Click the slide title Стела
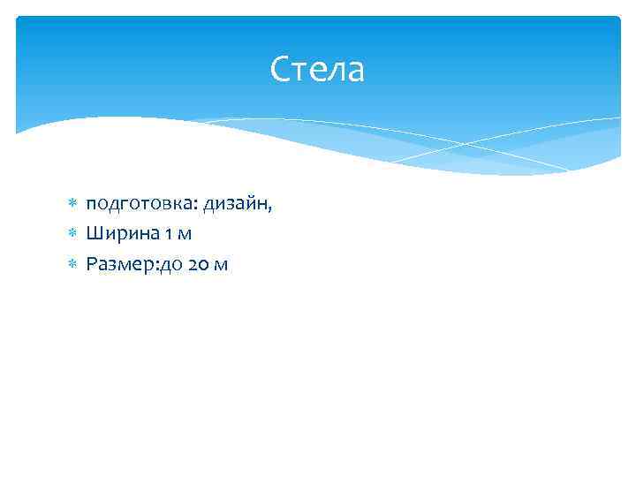[x=317, y=70]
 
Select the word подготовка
[x=140, y=205]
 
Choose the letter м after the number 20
[x=221, y=264]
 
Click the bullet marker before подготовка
[x=73, y=205]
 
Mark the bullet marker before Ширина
[x=73, y=234]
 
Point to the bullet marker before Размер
[x=73, y=263]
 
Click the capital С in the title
[x=281, y=70]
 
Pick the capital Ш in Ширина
[x=94, y=234]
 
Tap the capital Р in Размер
[x=92, y=263]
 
